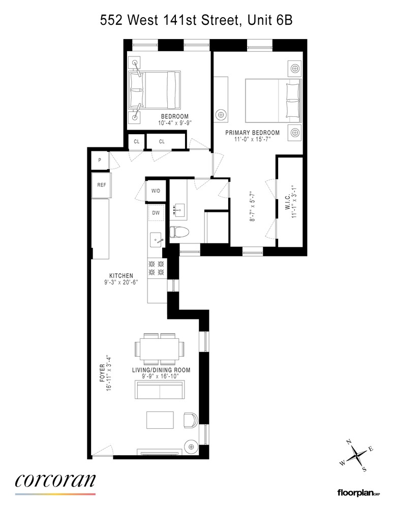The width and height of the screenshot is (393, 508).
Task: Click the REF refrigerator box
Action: click(x=102, y=184)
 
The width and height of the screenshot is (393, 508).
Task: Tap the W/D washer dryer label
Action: click(x=156, y=191)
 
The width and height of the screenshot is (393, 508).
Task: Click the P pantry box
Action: click(x=100, y=160)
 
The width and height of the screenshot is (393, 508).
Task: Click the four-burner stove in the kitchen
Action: click(x=156, y=268)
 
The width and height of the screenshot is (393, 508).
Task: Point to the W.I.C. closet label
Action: click(x=288, y=201)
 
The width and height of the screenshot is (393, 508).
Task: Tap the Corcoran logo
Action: click(x=55, y=481)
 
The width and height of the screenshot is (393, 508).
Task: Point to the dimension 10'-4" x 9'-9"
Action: click(x=174, y=123)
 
